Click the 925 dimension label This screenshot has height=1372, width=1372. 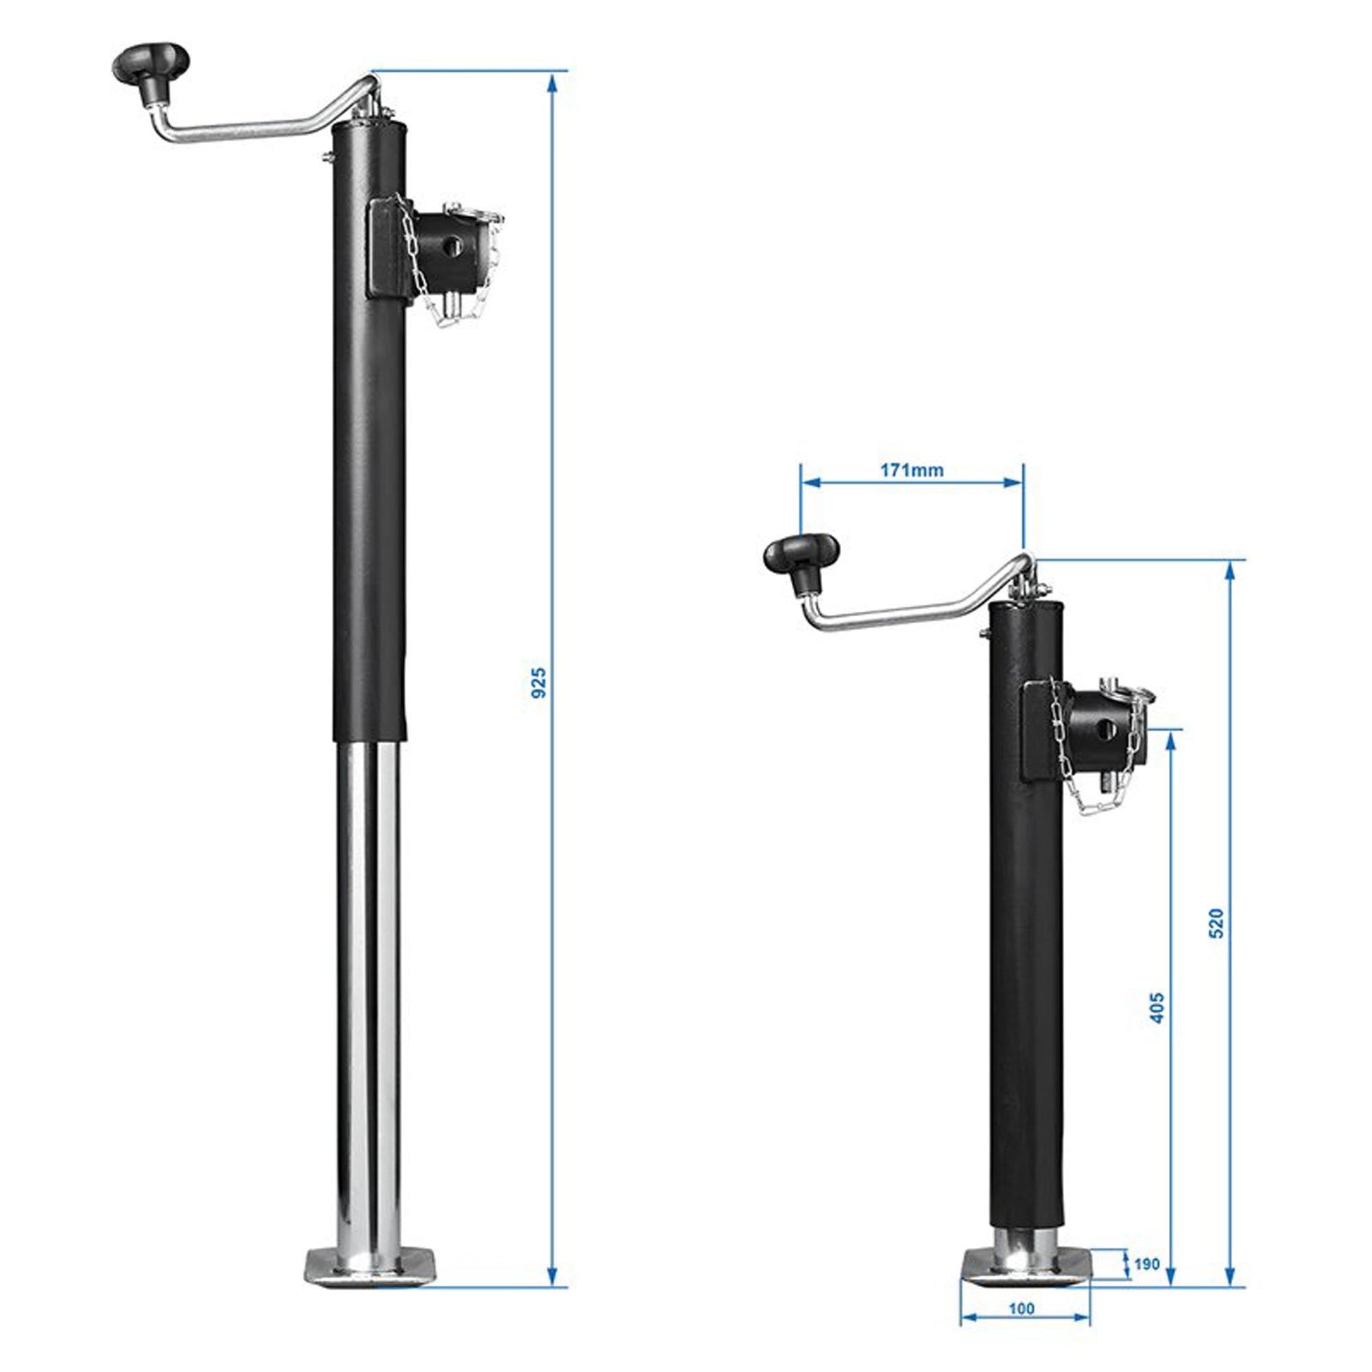[540, 682]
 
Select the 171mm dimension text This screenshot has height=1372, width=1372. [912, 470]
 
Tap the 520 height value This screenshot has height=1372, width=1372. [1216, 924]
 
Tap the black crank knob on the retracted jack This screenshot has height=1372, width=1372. [802, 556]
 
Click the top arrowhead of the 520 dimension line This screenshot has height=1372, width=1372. [1231, 572]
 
